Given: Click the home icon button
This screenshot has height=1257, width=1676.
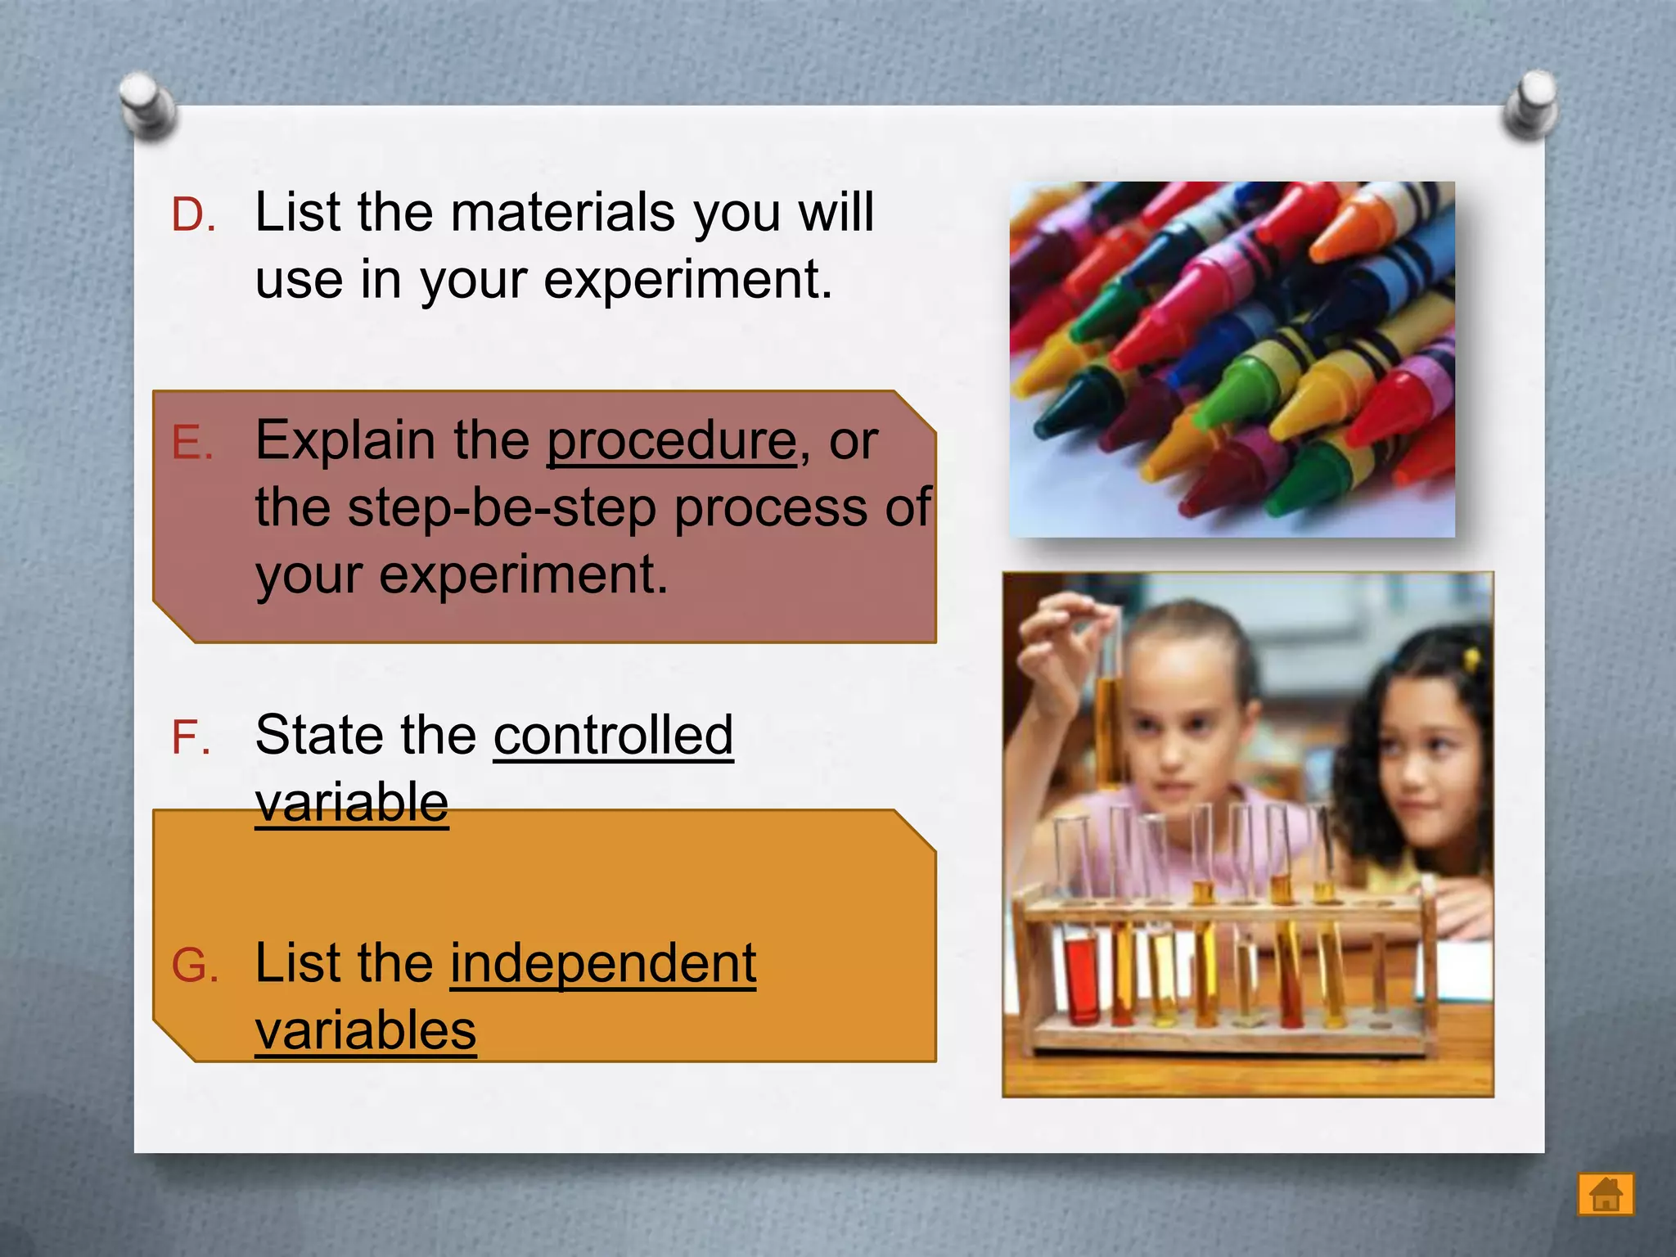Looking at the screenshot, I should (1606, 1194).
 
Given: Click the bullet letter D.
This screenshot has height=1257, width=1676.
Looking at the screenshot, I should (193, 215).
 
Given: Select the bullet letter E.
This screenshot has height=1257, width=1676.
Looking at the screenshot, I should (191, 444).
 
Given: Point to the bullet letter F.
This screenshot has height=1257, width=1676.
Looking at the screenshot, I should (191, 737).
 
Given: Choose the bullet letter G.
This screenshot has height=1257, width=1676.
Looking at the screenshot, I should (195, 966).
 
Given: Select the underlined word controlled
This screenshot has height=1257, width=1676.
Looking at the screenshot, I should (613, 735).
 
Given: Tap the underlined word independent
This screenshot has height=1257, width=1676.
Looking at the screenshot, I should (603, 963).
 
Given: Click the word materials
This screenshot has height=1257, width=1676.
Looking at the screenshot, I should (562, 213).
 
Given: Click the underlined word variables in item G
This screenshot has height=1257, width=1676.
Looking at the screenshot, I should (365, 1030).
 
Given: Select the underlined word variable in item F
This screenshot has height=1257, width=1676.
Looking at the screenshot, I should (352, 802).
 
